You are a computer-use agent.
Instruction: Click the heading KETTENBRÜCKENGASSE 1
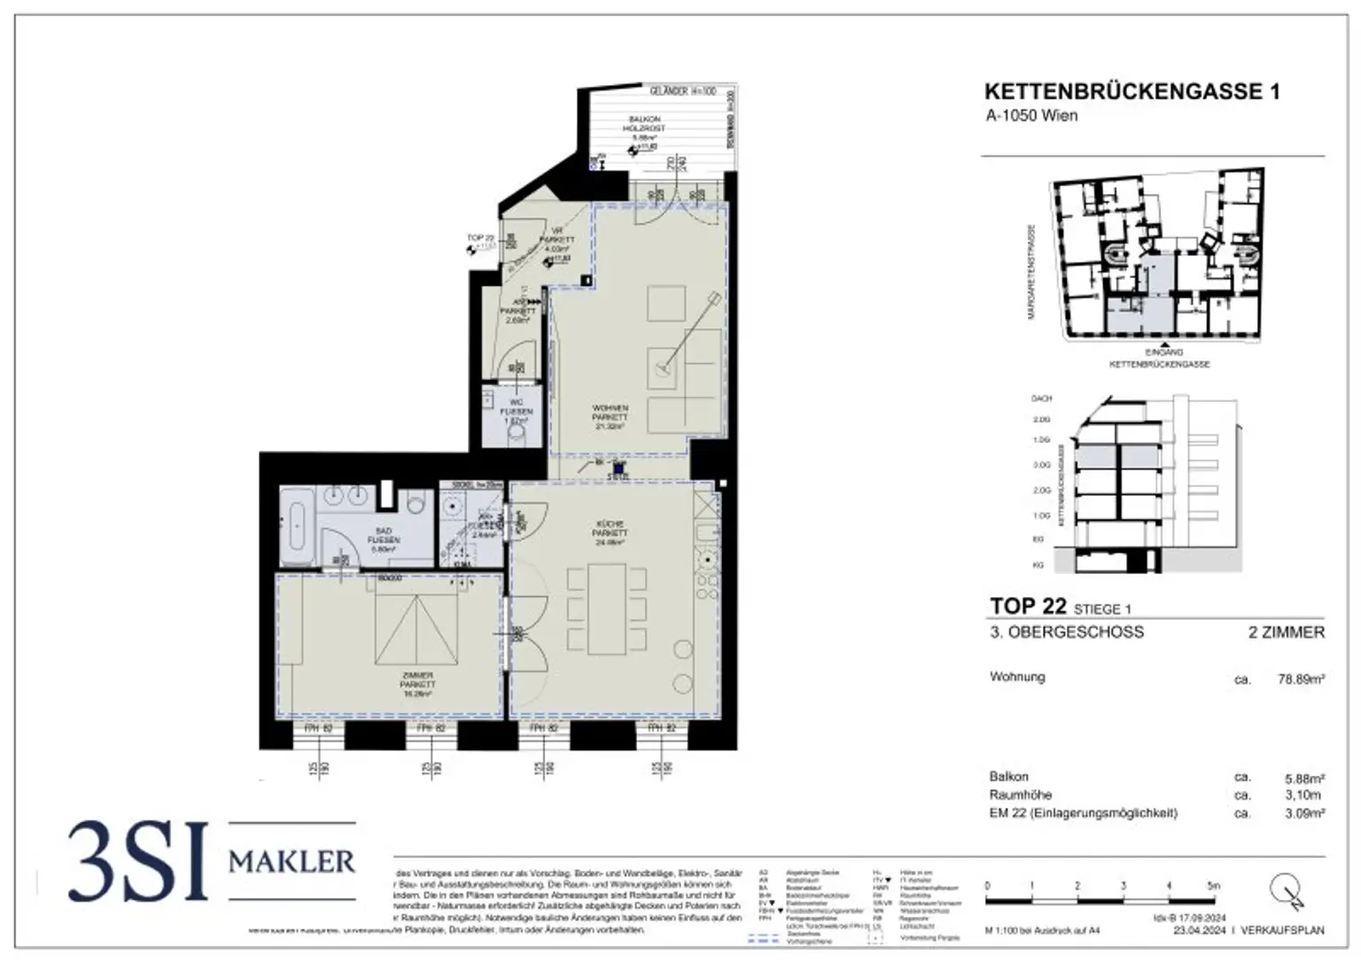pyautogui.click(x=1132, y=91)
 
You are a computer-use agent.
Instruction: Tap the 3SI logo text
pyautogui.click(x=138, y=861)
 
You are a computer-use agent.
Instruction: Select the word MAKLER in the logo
pyautogui.click(x=292, y=861)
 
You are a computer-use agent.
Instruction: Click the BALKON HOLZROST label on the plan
pyautogui.click(x=644, y=124)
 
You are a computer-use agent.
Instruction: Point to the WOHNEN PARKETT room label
pyautogui.click(x=610, y=416)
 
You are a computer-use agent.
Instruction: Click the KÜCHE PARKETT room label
pyautogui.click(x=610, y=533)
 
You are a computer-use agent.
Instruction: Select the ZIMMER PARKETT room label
pyautogui.click(x=416, y=684)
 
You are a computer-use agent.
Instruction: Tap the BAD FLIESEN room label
pyautogui.click(x=383, y=539)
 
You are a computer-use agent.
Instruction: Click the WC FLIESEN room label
pyautogui.click(x=517, y=412)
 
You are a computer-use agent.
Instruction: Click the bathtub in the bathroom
pyautogui.click(x=297, y=526)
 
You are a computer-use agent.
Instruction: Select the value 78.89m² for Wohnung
pyautogui.click(x=1301, y=679)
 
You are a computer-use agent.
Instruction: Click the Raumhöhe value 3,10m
pyautogui.click(x=1304, y=795)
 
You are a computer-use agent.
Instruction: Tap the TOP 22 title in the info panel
pyautogui.click(x=1028, y=607)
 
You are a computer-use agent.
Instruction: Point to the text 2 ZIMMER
pyautogui.click(x=1287, y=632)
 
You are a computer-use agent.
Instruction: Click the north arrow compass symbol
pyautogui.click(x=1287, y=889)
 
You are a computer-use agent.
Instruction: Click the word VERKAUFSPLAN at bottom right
pyautogui.click(x=1283, y=931)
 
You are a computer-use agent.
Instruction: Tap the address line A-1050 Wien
pyautogui.click(x=1031, y=116)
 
